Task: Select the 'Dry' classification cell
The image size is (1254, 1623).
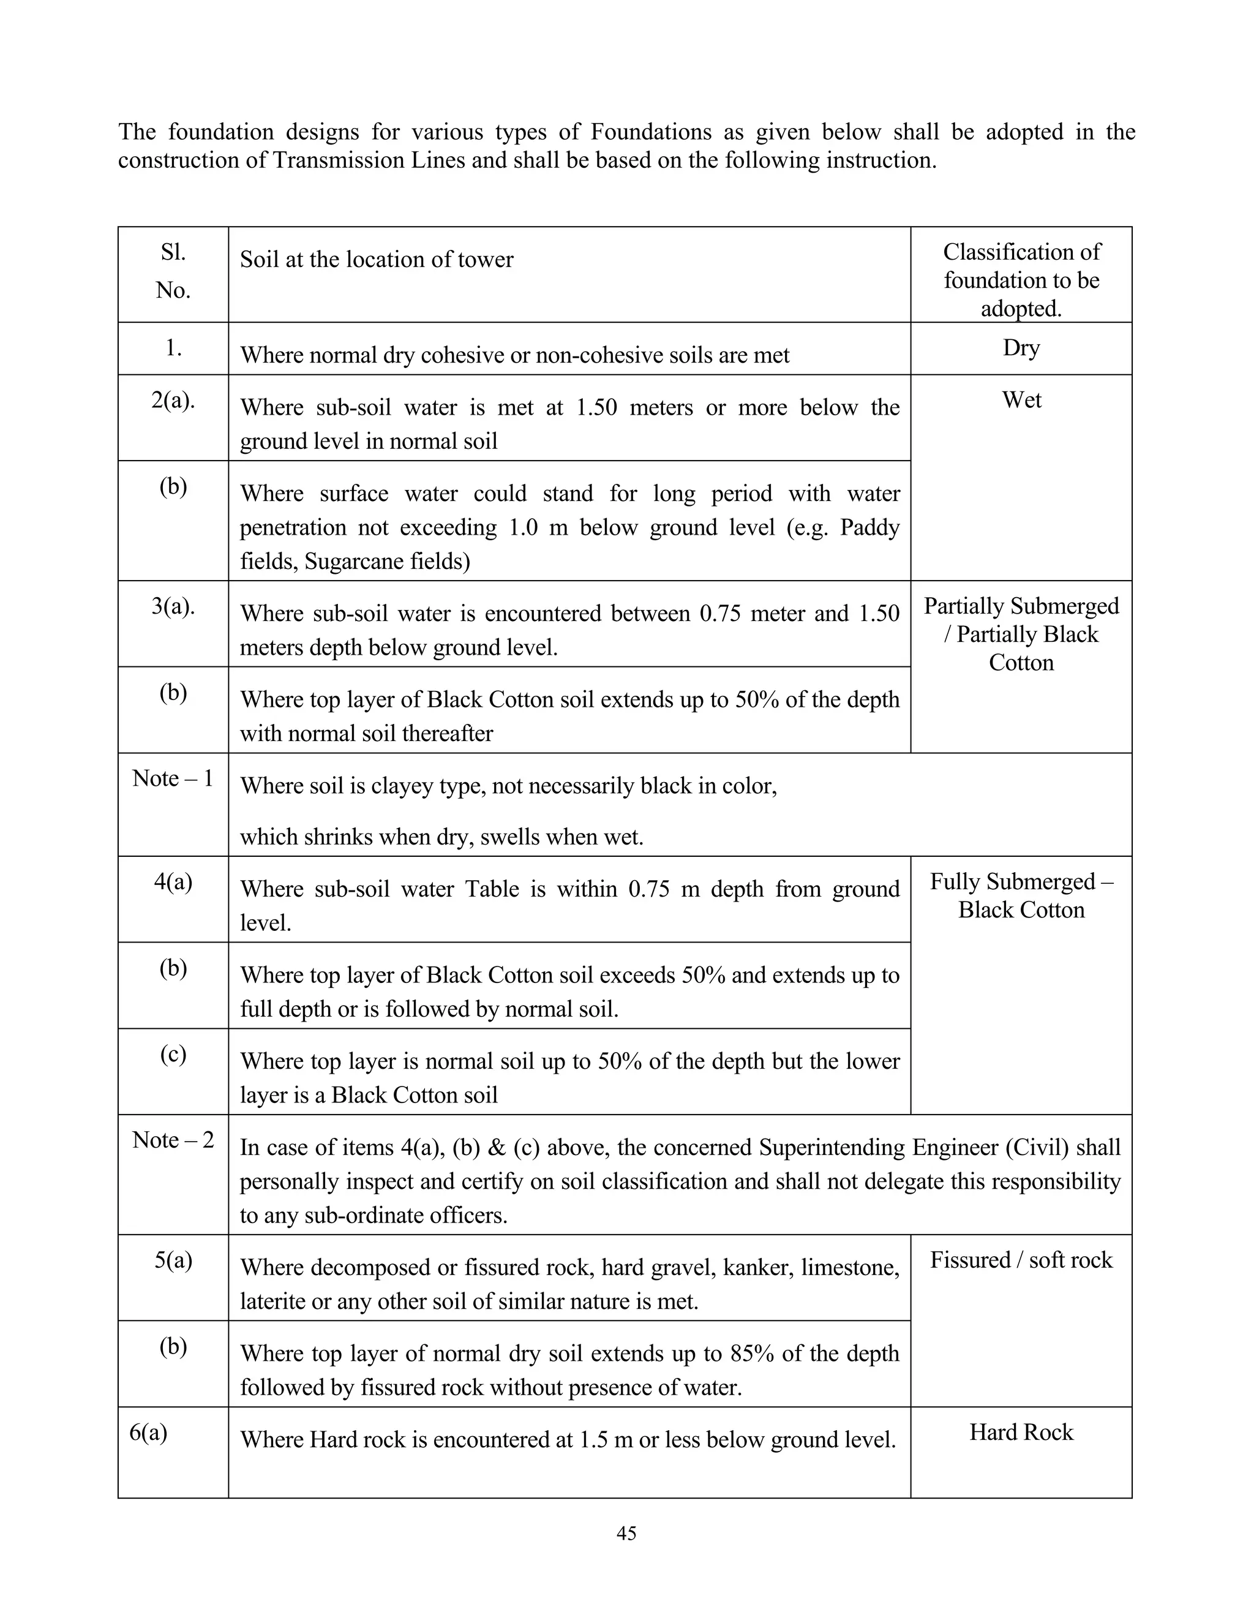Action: [x=1021, y=348]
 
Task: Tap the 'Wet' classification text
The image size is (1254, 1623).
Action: [x=1021, y=400]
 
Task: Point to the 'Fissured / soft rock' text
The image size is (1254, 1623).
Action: [x=1021, y=1260]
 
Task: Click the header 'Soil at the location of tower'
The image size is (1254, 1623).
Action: [x=377, y=259]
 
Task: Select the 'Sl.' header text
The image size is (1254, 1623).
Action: [x=173, y=253]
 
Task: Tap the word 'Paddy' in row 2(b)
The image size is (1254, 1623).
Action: [x=869, y=527]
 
